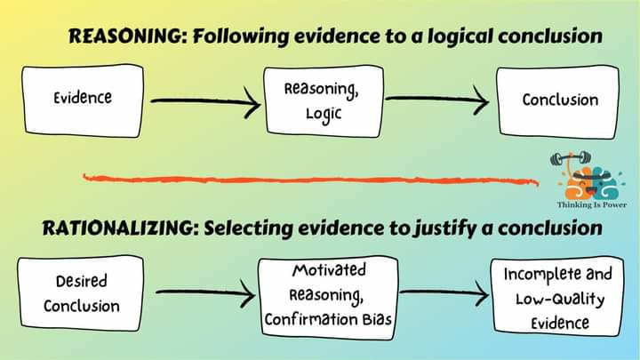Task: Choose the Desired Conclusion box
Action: click(82, 292)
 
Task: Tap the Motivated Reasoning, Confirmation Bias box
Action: click(328, 295)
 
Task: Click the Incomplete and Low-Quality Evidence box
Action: click(558, 296)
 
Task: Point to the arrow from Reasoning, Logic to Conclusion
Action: click(437, 100)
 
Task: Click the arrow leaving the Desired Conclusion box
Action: click(204, 292)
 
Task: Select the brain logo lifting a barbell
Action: click(583, 178)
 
